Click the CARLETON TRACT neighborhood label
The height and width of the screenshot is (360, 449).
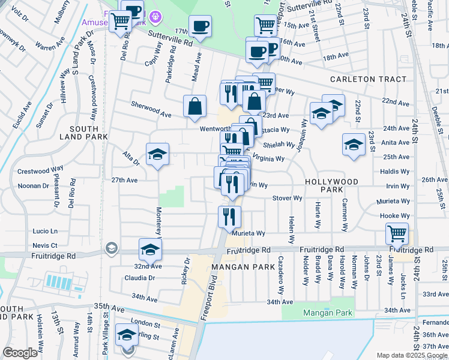pyautogui.click(x=368, y=79)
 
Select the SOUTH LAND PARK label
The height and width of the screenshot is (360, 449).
pyautogui.click(x=88, y=133)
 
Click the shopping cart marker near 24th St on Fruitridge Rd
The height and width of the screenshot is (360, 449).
pyautogui.click(x=397, y=233)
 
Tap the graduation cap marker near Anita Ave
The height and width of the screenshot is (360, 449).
pyautogui.click(x=354, y=144)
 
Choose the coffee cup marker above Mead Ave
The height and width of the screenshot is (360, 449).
pyautogui.click(x=200, y=26)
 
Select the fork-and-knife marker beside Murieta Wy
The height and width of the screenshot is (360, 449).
pyautogui.click(x=229, y=216)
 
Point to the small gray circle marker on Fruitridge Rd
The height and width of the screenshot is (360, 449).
pyautogui.click(x=111, y=248)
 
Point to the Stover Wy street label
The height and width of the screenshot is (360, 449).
pyautogui.click(x=287, y=198)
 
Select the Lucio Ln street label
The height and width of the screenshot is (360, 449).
pyautogui.click(x=45, y=231)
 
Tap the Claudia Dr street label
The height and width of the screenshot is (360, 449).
pyautogui.click(x=140, y=278)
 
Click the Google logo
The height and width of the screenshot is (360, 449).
pyautogui.click(x=20, y=352)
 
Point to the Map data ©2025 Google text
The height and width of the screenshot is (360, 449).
pyautogui.click(x=411, y=355)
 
